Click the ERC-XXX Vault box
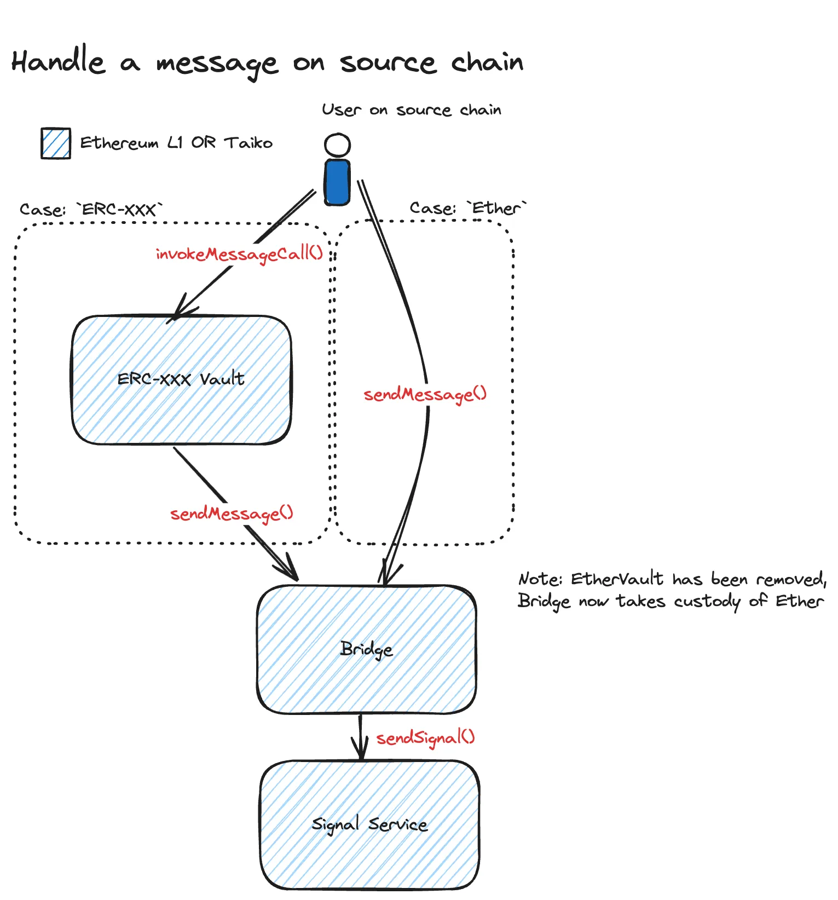[x=181, y=379]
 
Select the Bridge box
[x=366, y=649]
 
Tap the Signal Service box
[x=369, y=824]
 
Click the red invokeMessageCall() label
[x=239, y=254]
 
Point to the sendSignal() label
[x=425, y=738]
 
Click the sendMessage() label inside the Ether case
[x=425, y=394]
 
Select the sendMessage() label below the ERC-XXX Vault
[x=232, y=514]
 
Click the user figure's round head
[x=337, y=145]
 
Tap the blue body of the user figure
[x=337, y=182]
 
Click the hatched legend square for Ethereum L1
[x=56, y=143]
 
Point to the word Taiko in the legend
[x=249, y=143]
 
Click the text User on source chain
[x=411, y=110]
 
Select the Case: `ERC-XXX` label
[x=91, y=210]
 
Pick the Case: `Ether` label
[x=468, y=208]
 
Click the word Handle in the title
[x=59, y=61]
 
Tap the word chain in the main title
[x=487, y=62]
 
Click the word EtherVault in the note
[x=617, y=579]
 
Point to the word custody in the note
[x=707, y=602]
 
